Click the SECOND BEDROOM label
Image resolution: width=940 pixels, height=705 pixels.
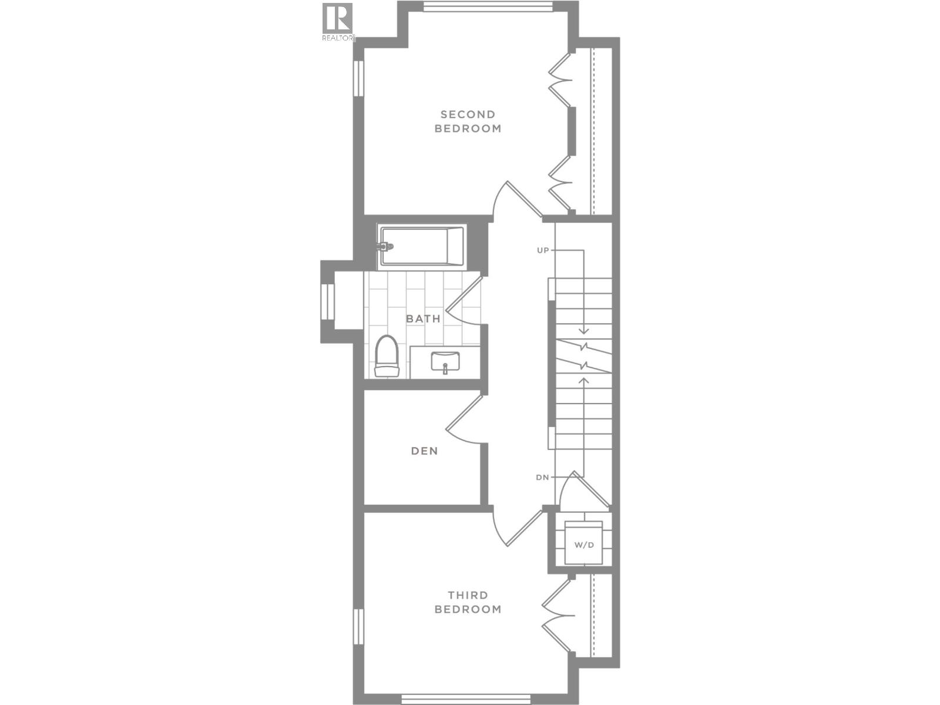point(468,122)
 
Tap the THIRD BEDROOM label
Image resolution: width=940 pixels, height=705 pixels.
point(468,603)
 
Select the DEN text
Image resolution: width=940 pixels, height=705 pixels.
point(424,451)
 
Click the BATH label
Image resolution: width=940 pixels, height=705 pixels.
point(423,319)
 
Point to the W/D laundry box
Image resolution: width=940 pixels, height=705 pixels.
point(583,544)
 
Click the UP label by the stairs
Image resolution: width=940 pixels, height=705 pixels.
point(542,250)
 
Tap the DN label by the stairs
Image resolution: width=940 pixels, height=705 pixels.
point(542,477)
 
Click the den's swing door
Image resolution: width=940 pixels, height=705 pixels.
point(464,418)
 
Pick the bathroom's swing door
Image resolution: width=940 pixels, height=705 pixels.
point(464,301)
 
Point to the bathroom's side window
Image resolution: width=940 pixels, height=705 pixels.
point(327,302)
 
